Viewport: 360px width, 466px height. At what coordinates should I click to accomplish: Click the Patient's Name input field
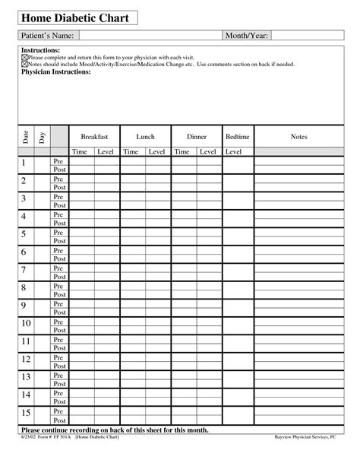149,36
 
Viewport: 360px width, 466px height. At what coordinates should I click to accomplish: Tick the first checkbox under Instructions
24,59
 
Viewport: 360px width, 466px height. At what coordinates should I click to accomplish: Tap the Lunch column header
145,136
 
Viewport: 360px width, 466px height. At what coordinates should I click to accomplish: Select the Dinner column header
196,136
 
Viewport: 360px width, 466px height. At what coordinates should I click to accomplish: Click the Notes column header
298,136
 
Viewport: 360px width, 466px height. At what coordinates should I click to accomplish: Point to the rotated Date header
26,138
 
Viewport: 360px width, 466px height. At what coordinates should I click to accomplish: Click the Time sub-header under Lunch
131,152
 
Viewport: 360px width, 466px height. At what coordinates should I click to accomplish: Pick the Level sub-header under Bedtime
234,152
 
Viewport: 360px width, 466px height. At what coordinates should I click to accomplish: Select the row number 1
24,164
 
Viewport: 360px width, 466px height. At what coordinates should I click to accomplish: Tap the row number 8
24,289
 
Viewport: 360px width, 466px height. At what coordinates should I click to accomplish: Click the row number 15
25,414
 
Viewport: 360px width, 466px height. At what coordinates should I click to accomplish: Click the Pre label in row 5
58,232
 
